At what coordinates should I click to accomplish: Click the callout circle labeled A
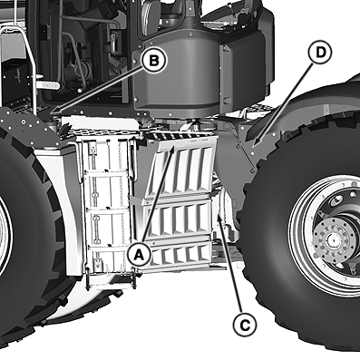[x=139, y=255]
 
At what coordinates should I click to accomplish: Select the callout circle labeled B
[x=154, y=61]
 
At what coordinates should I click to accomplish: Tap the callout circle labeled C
[x=245, y=326]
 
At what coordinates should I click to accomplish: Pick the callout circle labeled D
[x=320, y=52]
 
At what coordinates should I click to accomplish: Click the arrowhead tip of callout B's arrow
[x=52, y=114]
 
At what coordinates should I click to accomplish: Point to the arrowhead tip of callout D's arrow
[x=253, y=146]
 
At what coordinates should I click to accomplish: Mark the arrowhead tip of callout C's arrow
[x=219, y=213]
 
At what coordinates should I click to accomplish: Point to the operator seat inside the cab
[x=151, y=16]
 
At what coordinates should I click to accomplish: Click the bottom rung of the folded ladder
[x=111, y=285]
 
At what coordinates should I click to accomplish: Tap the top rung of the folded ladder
[x=106, y=173]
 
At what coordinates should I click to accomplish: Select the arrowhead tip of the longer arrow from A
[x=173, y=145]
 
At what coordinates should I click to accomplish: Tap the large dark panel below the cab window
[x=177, y=75]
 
